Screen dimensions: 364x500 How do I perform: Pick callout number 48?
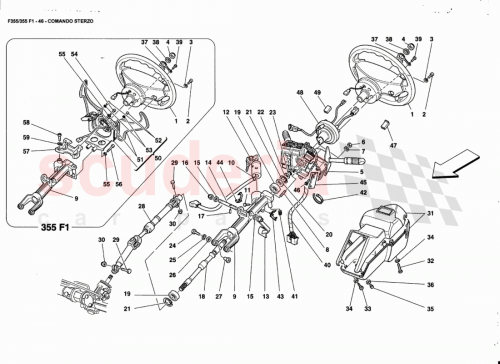point(298,94)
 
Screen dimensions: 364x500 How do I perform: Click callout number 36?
point(431,285)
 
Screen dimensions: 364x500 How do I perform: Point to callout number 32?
point(431,261)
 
